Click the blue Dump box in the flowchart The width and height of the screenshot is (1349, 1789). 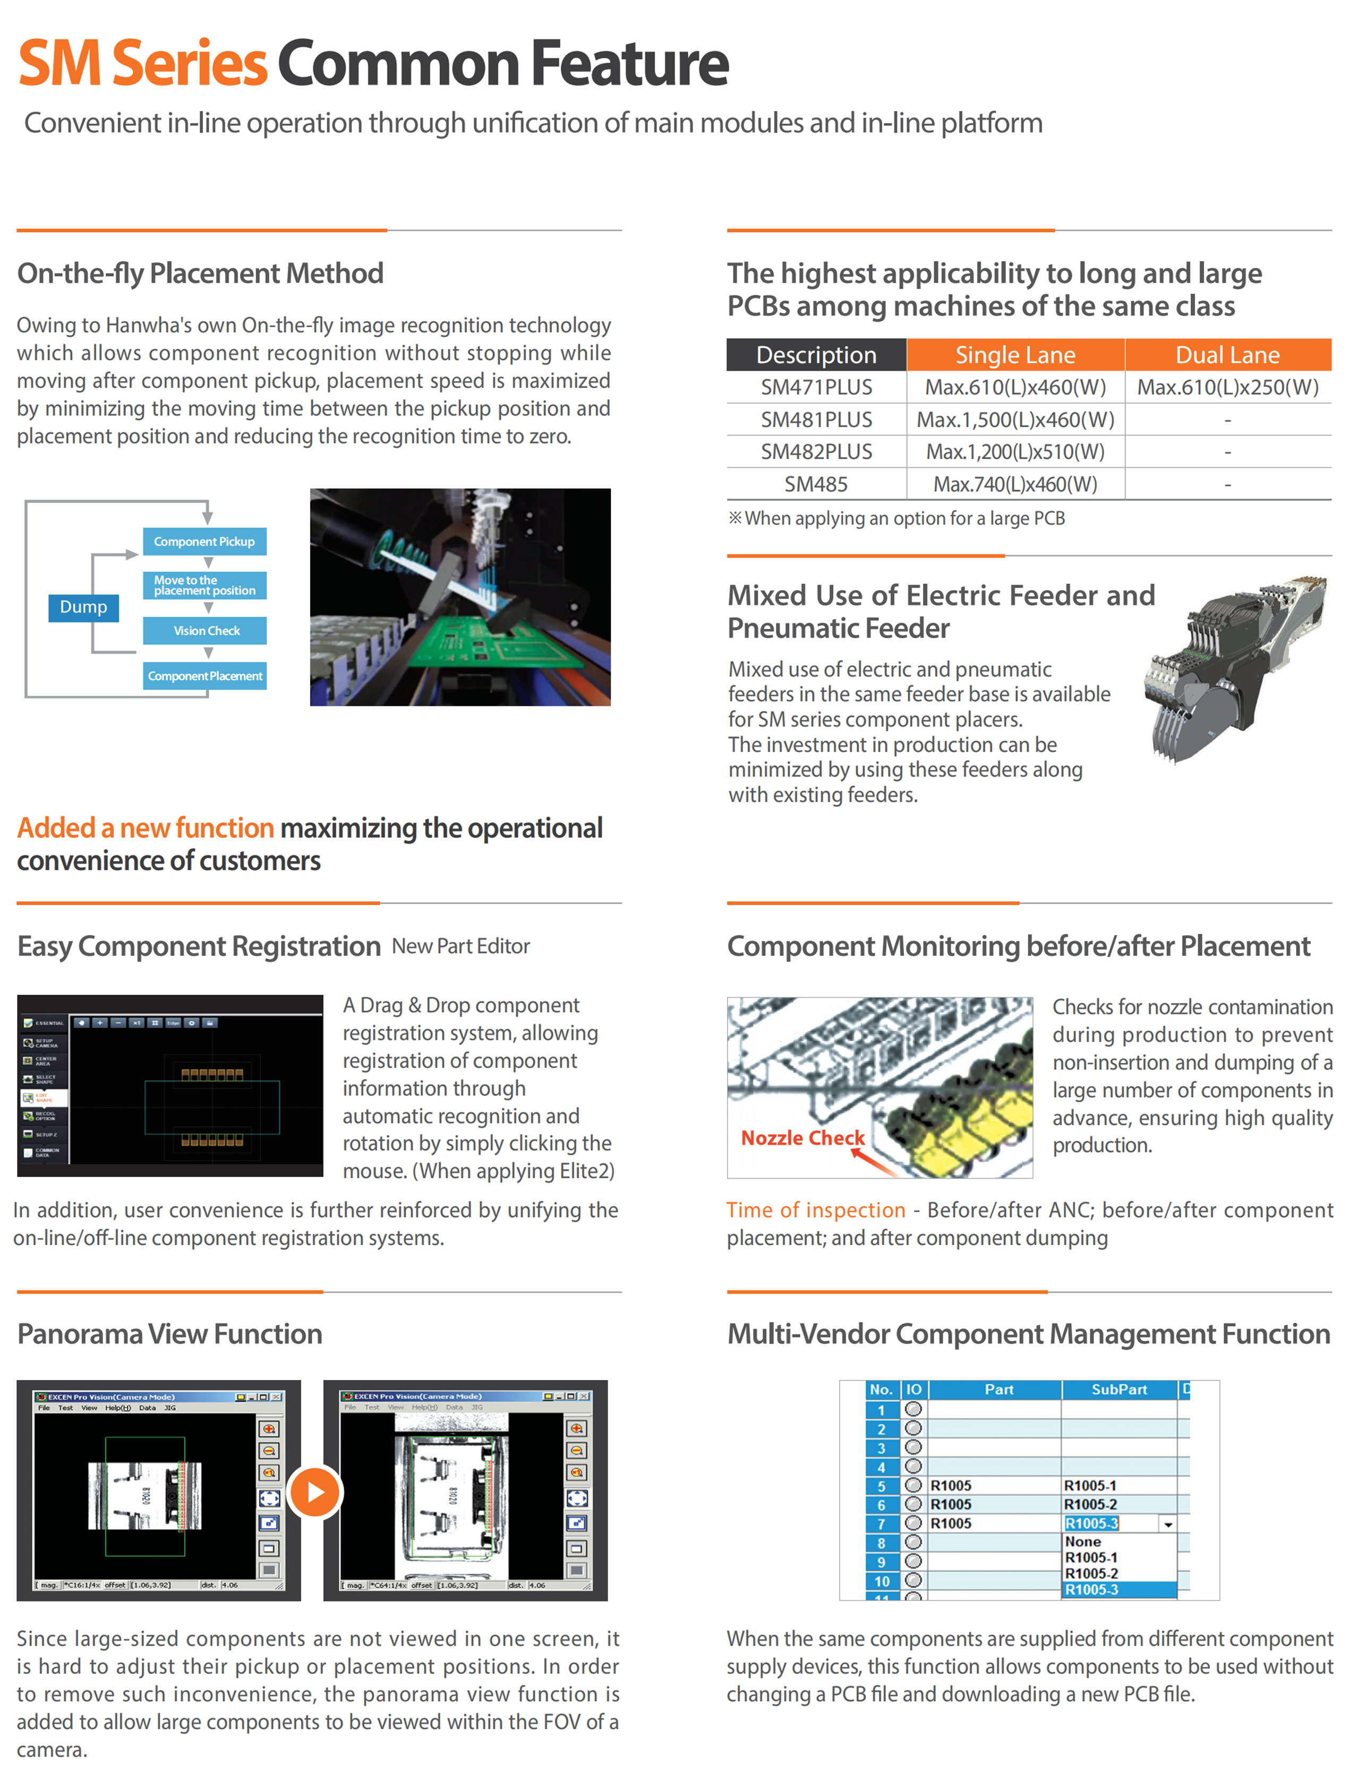[83, 607]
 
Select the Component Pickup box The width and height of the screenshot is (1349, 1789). [204, 542]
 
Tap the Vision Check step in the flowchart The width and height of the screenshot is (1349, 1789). [206, 631]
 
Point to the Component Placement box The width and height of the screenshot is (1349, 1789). [204, 676]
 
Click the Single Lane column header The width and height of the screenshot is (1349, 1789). [1015, 355]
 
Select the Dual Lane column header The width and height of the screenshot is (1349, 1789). [1227, 355]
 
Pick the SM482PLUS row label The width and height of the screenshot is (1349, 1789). [816, 452]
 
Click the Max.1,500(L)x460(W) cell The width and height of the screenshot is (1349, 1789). [1015, 420]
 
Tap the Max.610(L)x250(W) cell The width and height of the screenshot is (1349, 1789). [1227, 387]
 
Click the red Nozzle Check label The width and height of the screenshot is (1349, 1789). [802, 1138]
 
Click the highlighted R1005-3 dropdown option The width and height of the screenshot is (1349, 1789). [1119, 1590]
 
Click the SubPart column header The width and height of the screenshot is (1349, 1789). [1119, 1390]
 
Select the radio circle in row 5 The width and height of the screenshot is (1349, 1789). [913, 1485]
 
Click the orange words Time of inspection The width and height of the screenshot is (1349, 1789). [815, 1210]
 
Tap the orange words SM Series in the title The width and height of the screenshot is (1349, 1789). [142, 63]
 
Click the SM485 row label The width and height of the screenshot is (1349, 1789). [816, 484]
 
